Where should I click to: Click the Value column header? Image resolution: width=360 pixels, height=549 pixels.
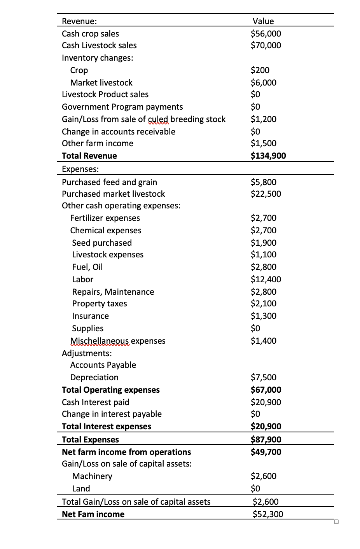[263, 21]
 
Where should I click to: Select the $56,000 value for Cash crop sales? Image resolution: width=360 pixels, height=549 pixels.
[266, 34]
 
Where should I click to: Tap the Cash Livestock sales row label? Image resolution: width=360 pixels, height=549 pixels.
[99, 45]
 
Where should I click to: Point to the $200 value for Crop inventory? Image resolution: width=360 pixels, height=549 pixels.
[260, 70]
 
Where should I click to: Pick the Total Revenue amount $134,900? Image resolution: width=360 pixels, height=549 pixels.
[268, 156]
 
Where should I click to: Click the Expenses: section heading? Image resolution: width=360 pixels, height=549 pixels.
[80, 169]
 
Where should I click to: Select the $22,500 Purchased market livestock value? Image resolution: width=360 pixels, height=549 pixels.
[266, 194]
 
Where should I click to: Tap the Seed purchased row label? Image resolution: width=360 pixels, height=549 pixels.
[102, 243]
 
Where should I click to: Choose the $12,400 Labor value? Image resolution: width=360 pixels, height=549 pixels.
[266, 280]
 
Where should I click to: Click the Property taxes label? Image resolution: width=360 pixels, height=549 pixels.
[100, 304]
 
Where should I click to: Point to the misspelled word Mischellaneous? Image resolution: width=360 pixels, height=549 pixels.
[100, 341]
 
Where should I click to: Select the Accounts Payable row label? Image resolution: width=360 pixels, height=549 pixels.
[103, 365]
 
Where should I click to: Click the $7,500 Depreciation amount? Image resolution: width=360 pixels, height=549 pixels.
[263, 378]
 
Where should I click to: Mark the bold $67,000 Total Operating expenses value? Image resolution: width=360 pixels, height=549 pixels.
[266, 390]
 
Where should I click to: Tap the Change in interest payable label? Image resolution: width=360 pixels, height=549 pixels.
[112, 414]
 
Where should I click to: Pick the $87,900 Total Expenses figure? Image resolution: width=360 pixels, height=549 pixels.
[266, 440]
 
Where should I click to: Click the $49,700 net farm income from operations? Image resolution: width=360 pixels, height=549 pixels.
[266, 452]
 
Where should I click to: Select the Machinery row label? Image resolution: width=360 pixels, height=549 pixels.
[92, 476]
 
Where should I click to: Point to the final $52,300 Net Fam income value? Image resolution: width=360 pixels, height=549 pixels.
[267, 514]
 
